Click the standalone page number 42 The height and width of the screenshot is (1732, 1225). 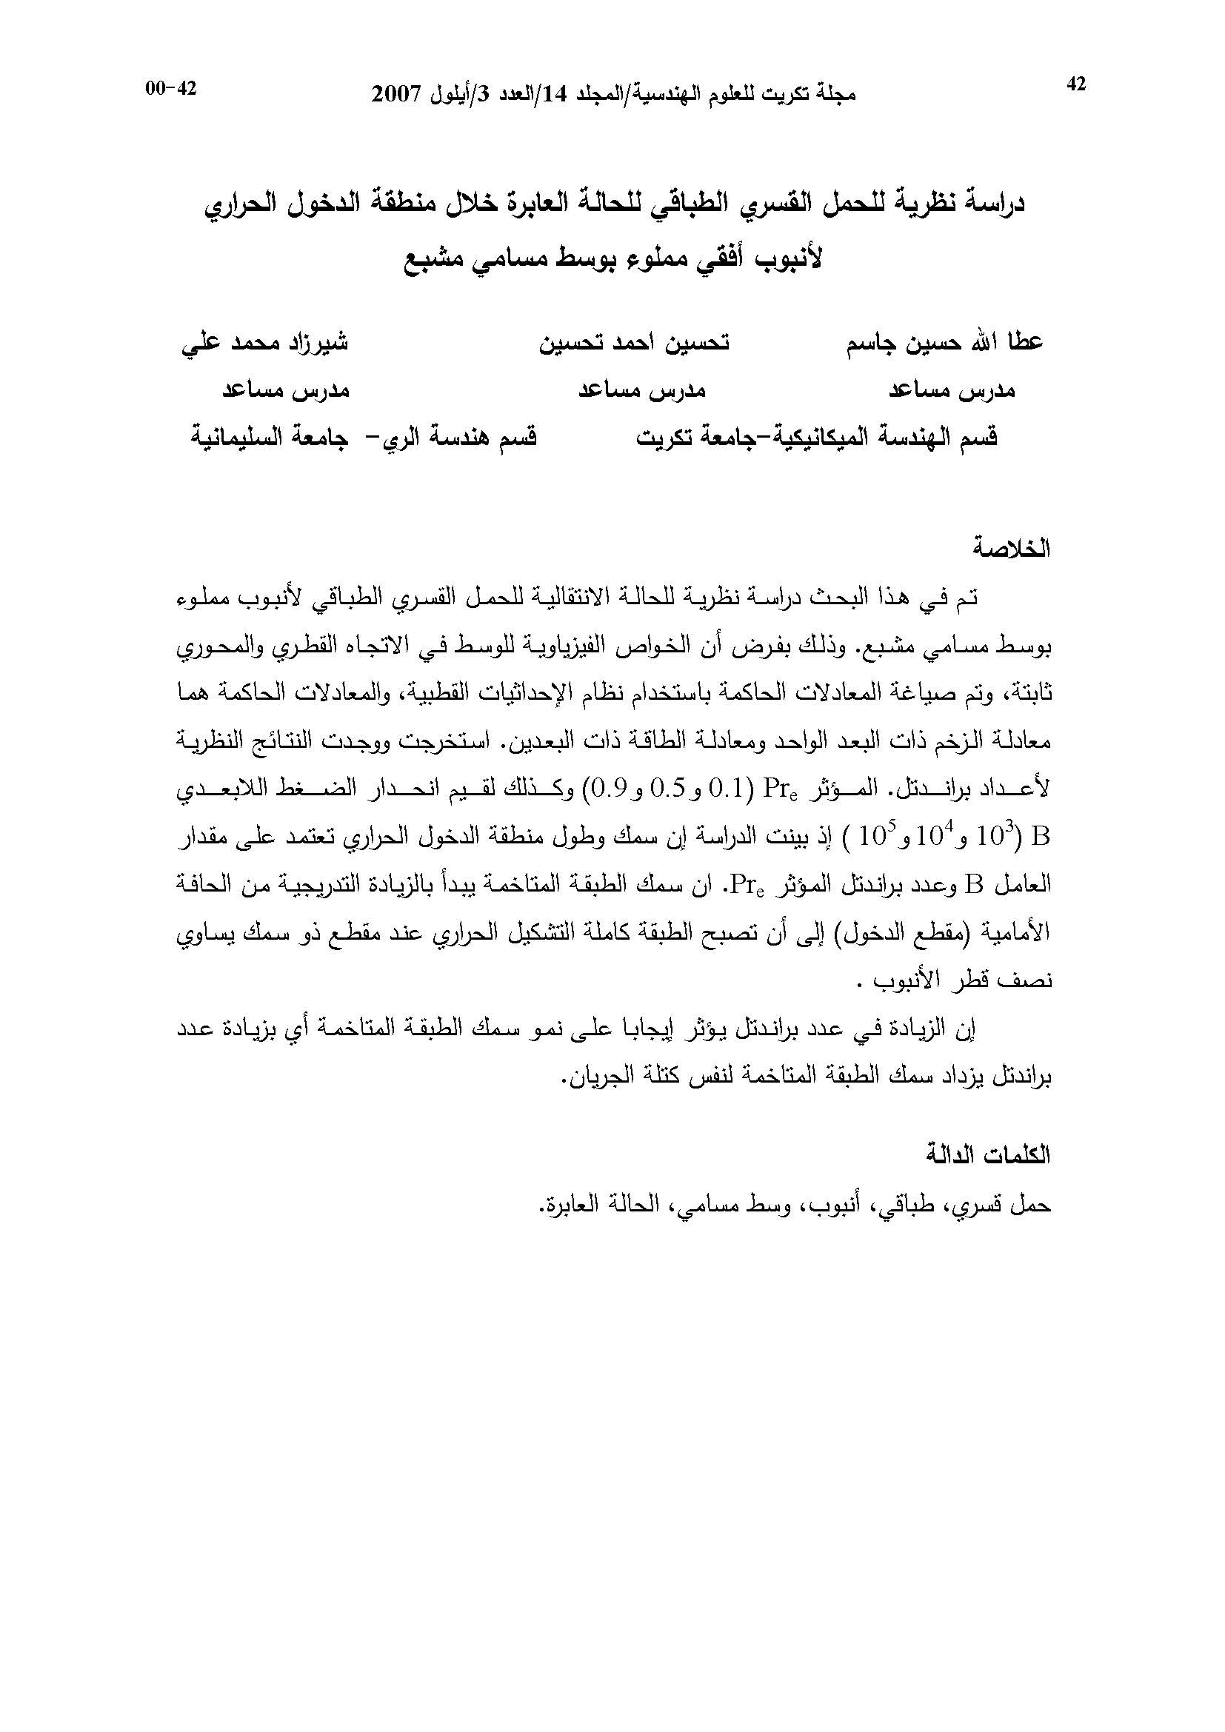tap(1076, 84)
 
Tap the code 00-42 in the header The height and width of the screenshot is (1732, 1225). tap(171, 88)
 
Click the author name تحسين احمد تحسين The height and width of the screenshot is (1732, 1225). tap(634, 343)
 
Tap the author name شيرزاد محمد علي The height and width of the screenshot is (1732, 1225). tap(264, 343)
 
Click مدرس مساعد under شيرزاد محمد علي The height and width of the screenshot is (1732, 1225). tap(285, 391)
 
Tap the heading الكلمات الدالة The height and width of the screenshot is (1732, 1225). tap(988, 1157)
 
